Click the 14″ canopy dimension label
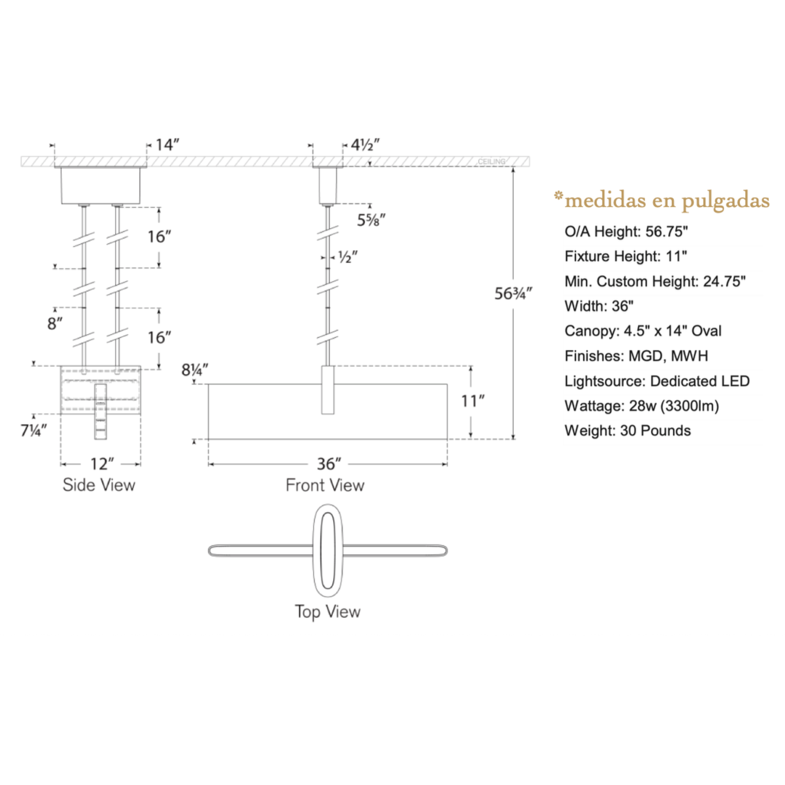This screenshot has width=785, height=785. click(167, 145)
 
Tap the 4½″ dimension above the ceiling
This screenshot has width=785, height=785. click(366, 145)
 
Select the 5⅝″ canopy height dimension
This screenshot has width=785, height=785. click(371, 220)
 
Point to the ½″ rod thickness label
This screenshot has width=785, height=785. click(348, 257)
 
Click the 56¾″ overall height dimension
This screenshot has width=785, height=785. click(513, 293)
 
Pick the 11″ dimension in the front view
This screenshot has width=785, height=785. click(473, 401)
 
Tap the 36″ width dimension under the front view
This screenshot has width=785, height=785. click(329, 464)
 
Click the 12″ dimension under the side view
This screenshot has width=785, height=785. click(102, 464)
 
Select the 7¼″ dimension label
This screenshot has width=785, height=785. click(34, 431)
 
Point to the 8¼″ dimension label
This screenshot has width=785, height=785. click(194, 370)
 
